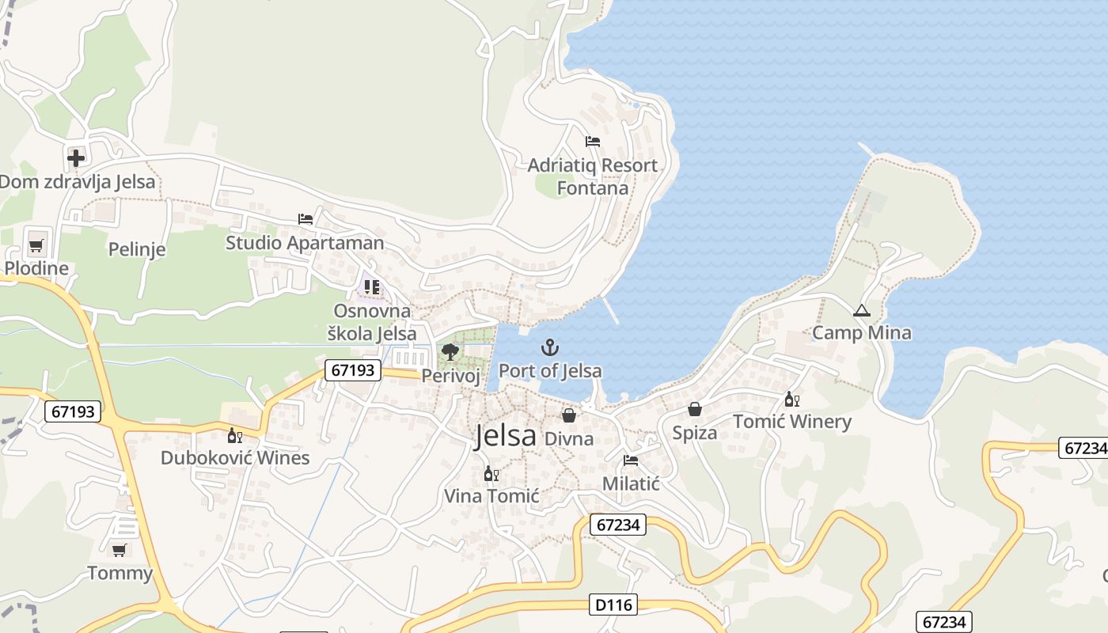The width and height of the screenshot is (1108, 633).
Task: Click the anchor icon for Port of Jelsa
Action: coord(549,347)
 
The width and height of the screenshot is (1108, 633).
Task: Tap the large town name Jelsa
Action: coord(505,436)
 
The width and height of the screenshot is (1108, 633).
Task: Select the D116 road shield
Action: coord(613,605)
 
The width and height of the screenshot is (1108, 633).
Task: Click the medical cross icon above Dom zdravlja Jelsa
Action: coord(76,158)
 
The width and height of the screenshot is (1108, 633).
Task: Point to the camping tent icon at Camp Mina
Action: coord(861,311)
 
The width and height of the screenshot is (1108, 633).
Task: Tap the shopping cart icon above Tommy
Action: coord(120,550)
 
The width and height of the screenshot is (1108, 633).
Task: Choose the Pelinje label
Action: coord(137,250)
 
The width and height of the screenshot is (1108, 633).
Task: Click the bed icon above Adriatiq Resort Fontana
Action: coord(592,142)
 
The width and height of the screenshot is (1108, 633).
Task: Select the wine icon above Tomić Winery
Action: coord(791,400)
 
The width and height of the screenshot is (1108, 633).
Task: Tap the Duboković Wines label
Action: coord(235,458)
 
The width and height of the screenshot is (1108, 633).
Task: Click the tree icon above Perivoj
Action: coord(450,352)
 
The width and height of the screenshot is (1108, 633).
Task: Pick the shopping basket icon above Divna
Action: coord(568,415)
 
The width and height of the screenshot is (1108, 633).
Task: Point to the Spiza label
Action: coord(694,433)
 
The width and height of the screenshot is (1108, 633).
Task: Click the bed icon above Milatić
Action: coord(631,461)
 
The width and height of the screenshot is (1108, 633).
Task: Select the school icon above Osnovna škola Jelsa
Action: coord(372,287)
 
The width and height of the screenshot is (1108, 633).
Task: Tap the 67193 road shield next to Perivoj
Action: coord(353,370)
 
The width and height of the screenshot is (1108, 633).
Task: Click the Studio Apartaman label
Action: coord(305,243)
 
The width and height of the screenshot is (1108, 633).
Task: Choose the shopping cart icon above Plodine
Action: coord(36,244)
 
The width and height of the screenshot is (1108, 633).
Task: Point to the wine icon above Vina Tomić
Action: coord(491,474)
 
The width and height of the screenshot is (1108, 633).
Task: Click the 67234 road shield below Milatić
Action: coord(618,525)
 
